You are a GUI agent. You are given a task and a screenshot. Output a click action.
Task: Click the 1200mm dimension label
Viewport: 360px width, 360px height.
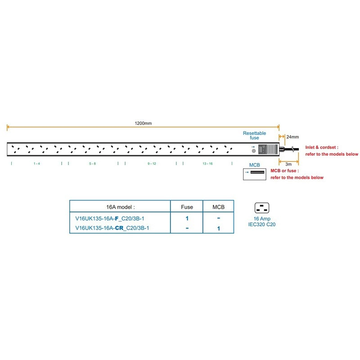tap(143, 123)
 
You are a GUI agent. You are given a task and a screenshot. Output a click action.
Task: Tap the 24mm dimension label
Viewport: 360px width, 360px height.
tap(292, 137)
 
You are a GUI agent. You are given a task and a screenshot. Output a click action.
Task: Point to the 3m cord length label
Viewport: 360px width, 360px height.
tap(288, 164)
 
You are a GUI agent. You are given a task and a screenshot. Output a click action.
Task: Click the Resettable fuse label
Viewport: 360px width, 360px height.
tap(254, 135)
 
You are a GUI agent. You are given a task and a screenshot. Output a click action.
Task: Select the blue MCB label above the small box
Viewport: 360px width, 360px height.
tap(254, 165)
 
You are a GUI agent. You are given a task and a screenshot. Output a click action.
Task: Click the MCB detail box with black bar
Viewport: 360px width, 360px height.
tap(255, 174)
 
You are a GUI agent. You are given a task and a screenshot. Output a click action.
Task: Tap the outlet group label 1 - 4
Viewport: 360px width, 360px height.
tap(37, 164)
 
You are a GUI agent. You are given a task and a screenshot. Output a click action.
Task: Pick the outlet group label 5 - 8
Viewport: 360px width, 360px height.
tap(92, 164)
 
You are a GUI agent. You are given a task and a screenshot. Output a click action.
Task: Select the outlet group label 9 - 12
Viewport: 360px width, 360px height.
tap(152, 164)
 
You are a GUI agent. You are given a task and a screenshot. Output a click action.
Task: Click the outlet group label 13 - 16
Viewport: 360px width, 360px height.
tap(207, 164)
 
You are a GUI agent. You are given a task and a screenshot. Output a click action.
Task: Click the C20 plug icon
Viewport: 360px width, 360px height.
tap(262, 208)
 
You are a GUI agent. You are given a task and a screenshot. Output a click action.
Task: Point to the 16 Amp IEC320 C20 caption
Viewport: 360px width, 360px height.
tap(262, 221)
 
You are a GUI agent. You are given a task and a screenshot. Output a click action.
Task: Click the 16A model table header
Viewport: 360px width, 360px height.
tap(121, 207)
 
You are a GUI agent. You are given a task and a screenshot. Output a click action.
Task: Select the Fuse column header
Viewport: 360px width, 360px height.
tap(187, 207)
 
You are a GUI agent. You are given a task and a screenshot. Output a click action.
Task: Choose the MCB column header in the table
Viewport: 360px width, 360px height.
tap(218, 207)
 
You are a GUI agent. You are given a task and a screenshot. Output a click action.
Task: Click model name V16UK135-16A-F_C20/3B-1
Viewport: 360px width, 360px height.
tap(110, 219)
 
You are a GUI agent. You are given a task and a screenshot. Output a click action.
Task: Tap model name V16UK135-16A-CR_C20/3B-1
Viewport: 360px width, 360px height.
tap(112, 228)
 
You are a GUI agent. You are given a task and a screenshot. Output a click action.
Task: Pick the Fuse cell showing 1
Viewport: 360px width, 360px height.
tap(187, 218)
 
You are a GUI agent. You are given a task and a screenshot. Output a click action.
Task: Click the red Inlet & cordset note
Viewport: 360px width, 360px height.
tap(332, 151)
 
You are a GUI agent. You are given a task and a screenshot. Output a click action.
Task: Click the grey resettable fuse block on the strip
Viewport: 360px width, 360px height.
tap(268, 149)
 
